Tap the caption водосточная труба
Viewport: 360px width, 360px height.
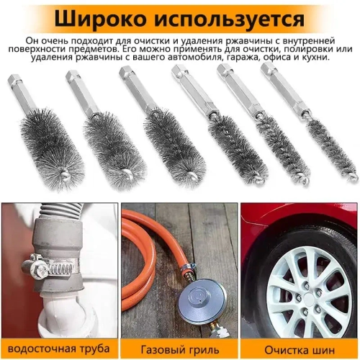[x=58, y=350]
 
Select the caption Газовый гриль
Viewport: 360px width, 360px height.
[x=179, y=350]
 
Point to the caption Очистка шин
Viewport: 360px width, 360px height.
[x=299, y=350]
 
